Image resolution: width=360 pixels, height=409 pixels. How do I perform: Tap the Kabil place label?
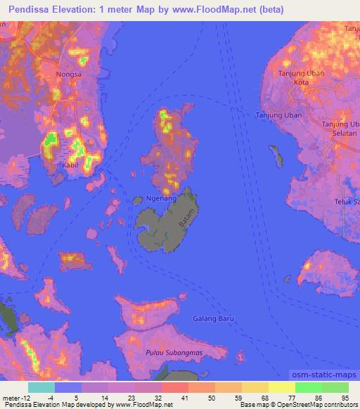pyautogui.click(x=70, y=165)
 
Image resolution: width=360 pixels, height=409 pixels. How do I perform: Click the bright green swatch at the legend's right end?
pyautogui.click(x=335, y=387)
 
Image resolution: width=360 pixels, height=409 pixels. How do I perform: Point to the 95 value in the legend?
pyautogui.click(x=344, y=398)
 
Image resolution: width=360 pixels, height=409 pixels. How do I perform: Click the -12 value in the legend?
pyautogui.click(x=20, y=398)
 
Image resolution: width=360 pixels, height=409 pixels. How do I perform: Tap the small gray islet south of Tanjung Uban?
pyautogui.click(x=276, y=156)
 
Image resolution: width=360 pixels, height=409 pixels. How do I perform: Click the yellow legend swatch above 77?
pyautogui.click(x=282, y=387)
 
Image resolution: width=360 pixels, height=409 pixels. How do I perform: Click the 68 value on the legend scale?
pyautogui.click(x=264, y=398)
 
